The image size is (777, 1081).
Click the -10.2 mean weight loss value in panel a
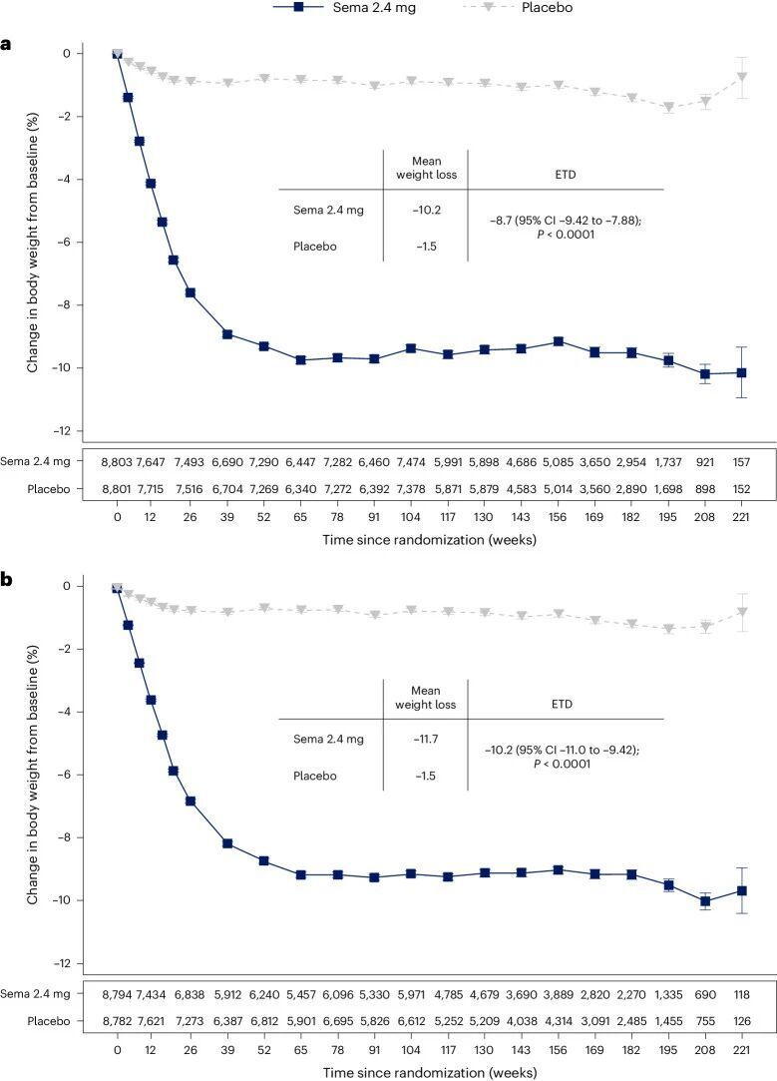pos(426,210)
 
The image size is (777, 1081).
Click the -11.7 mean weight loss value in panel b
pos(426,740)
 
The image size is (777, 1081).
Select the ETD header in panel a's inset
pos(566,174)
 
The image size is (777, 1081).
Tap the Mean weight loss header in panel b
pos(426,696)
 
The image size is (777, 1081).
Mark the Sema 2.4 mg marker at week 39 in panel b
pos(227,843)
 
